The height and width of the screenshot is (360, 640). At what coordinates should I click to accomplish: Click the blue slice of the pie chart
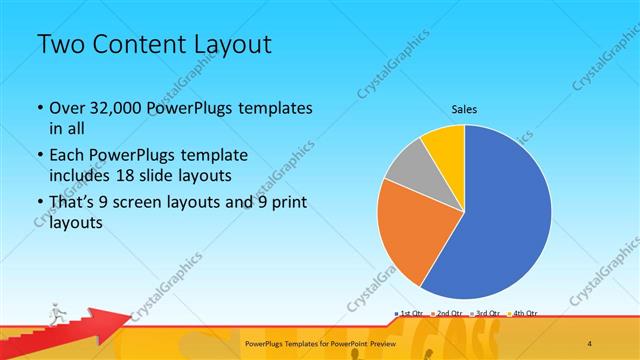coord(500,220)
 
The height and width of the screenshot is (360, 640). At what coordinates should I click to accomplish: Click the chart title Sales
coord(464,109)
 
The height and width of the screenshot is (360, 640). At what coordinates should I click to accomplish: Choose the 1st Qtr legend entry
coord(411,314)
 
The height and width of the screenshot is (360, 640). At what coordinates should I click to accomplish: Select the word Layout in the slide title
coord(231,45)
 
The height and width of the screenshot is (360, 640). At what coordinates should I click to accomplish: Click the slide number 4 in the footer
coord(589,342)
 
